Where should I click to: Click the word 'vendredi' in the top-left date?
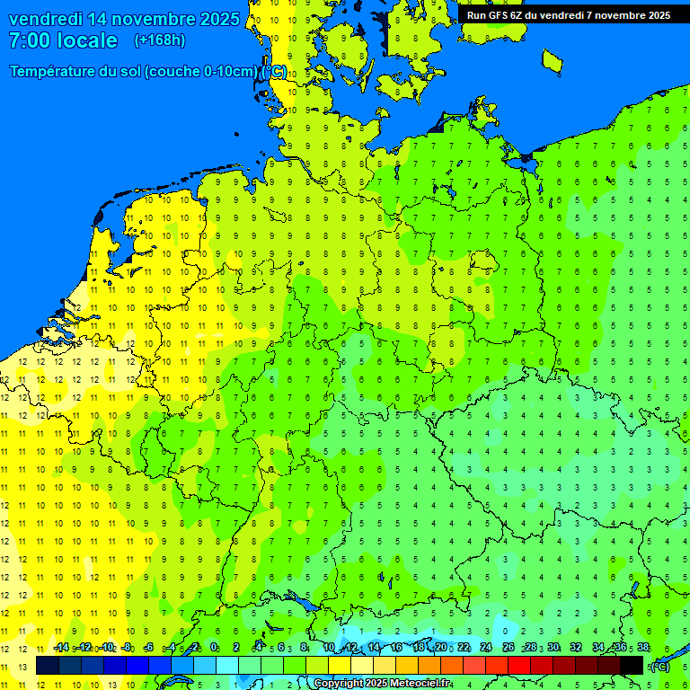click(46, 19)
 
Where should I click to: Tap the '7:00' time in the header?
click(31, 40)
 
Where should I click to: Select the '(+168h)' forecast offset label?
click(159, 40)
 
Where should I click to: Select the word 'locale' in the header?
click(88, 40)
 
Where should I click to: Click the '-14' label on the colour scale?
click(61, 647)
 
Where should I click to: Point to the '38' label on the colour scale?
click(642, 647)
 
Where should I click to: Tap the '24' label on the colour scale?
click(486, 647)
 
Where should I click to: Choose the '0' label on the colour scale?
click(214, 647)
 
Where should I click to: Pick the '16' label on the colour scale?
click(396, 647)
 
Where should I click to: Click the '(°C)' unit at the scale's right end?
click(660, 666)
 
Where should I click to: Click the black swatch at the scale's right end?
click(632, 665)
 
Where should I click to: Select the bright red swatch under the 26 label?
click(519, 665)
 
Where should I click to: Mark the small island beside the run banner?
click(552, 60)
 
